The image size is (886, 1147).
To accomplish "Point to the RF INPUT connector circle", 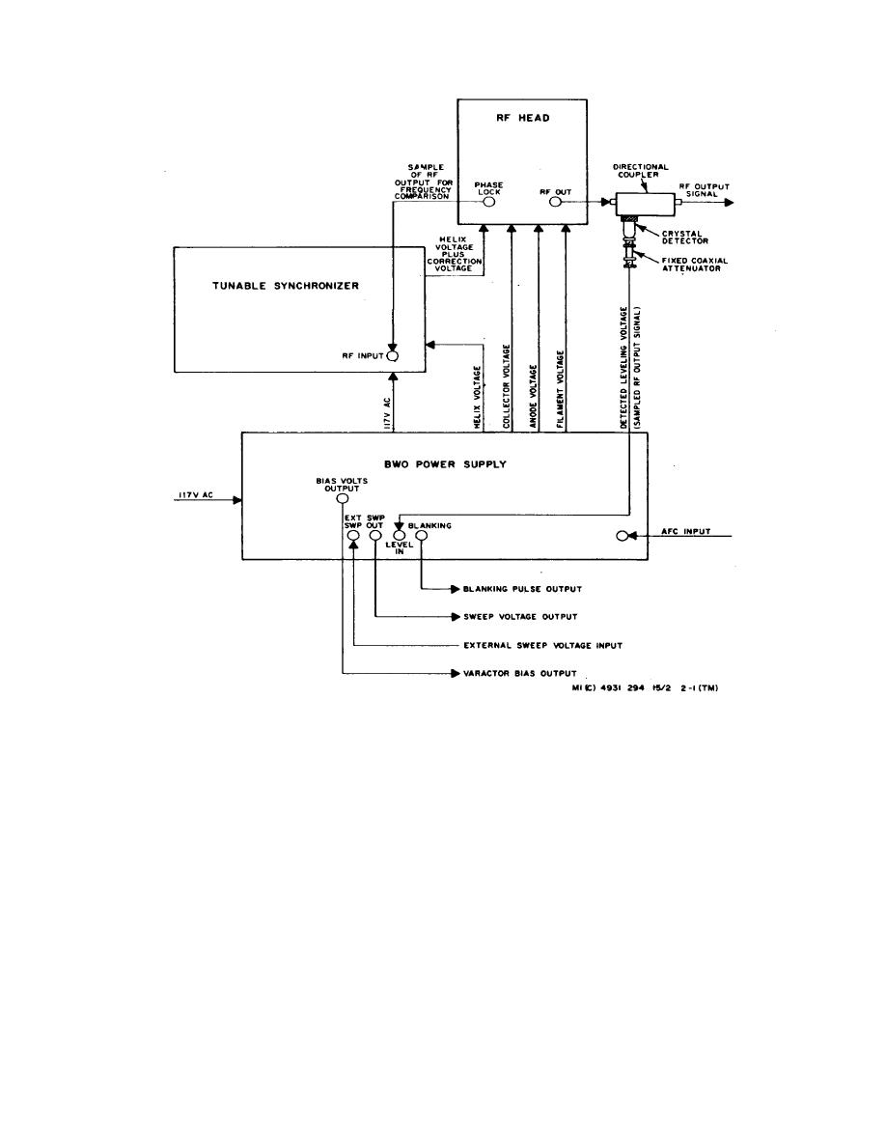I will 393,355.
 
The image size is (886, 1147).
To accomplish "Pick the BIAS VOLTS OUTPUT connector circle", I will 343,499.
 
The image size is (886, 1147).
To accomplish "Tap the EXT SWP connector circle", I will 353,536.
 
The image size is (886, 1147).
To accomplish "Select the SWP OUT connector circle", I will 374,536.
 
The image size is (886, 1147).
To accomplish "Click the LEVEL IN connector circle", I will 398,536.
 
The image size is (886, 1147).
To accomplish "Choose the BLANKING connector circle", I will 421,536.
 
